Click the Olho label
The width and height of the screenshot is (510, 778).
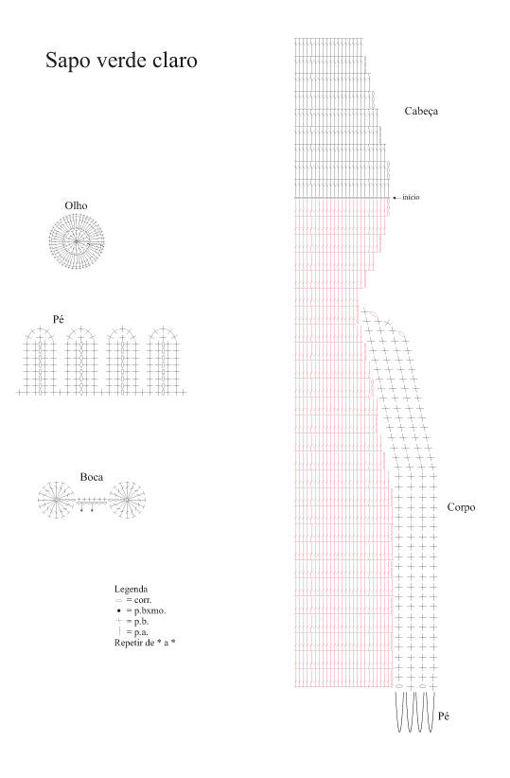click(x=76, y=205)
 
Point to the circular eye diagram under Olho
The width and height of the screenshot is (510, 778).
click(x=77, y=241)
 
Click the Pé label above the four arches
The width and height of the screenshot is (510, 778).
click(x=59, y=319)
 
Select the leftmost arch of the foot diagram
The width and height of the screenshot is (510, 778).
click(x=40, y=360)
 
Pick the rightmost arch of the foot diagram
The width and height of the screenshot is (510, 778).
click(x=164, y=360)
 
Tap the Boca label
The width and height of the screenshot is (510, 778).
click(x=92, y=477)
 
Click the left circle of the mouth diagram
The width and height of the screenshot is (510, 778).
click(x=56, y=500)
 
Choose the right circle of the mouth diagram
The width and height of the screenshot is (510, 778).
click(x=127, y=500)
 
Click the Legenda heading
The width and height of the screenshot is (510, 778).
click(x=131, y=589)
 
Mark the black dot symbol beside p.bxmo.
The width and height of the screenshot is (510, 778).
click(x=119, y=610)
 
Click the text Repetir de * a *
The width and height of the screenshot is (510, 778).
click(x=145, y=643)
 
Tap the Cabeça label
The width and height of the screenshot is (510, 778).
click(x=421, y=111)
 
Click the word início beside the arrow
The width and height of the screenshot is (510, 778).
click(x=411, y=197)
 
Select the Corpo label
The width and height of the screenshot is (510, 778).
click(x=462, y=507)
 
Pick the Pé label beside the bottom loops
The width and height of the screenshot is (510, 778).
click(x=444, y=716)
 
